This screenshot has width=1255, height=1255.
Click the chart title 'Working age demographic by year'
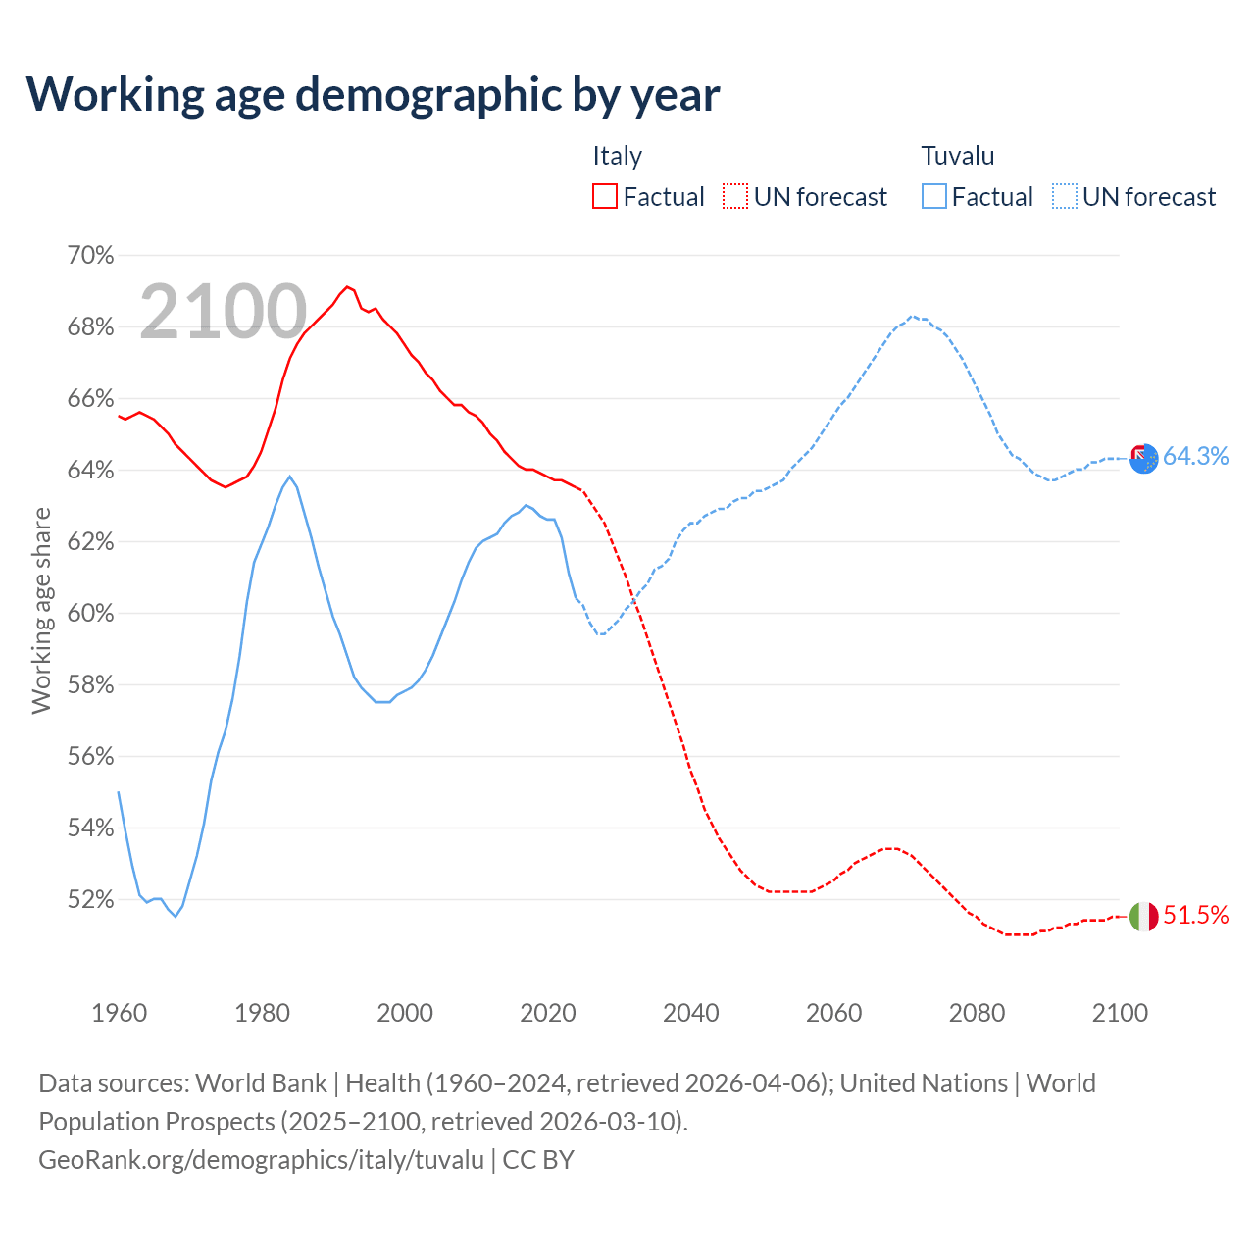click(x=373, y=94)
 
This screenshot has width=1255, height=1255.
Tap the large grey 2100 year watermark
click(x=224, y=312)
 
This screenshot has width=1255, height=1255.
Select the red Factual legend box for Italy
click(x=605, y=197)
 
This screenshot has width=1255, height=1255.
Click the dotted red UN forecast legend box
click(x=735, y=197)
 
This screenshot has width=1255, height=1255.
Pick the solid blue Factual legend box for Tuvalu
click(x=934, y=197)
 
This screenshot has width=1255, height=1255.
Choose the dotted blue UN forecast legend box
click(x=1065, y=197)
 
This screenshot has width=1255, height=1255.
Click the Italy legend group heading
click(x=617, y=156)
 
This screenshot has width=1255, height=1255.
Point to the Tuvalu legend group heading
click(x=957, y=156)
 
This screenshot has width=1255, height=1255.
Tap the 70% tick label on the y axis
click(x=90, y=256)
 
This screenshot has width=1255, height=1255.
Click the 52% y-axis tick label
click(x=90, y=900)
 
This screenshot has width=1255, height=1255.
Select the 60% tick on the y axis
click(x=90, y=614)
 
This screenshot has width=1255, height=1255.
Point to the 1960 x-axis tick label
click(x=119, y=1013)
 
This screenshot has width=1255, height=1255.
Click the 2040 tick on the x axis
click(x=691, y=1013)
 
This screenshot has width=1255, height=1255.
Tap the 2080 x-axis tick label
click(x=977, y=1013)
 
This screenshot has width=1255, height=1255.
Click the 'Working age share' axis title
click(x=41, y=610)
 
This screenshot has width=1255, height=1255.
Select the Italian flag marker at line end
click(x=1143, y=917)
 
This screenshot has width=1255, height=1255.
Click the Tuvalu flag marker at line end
click(x=1143, y=457)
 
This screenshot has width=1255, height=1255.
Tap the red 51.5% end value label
click(x=1195, y=916)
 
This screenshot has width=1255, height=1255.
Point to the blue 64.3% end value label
click(x=1195, y=456)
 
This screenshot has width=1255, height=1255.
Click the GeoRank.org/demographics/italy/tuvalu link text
click(x=261, y=1160)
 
